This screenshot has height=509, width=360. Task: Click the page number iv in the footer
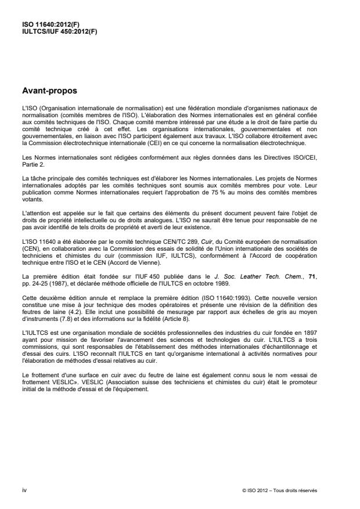click(25, 490)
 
